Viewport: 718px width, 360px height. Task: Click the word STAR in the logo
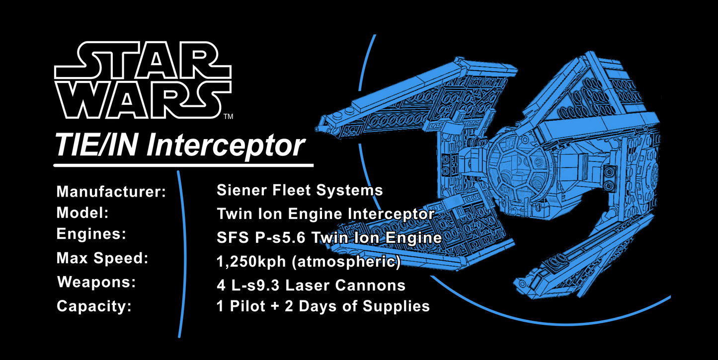[142, 62]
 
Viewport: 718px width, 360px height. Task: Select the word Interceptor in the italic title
[227, 145]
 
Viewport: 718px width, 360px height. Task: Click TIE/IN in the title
[98, 145]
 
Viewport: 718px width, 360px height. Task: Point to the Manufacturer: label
[111, 192]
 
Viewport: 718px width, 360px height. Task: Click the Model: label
[82, 213]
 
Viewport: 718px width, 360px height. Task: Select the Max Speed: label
[103, 259]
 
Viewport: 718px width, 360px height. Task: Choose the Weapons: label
[96, 283]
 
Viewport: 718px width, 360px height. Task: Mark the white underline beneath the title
[183, 164]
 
